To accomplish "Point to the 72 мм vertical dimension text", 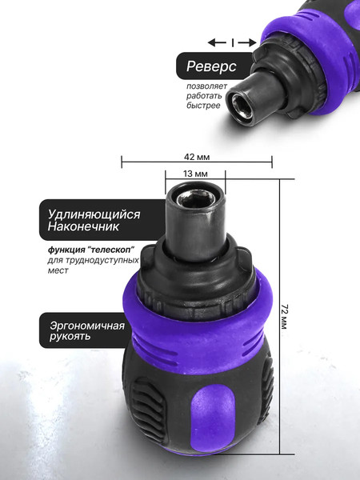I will [x=286, y=319].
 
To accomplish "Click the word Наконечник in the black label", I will [x=83, y=228].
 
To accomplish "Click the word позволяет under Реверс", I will [x=207, y=86].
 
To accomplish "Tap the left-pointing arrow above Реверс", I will [x=216, y=42].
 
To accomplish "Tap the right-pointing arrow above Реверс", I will [x=248, y=42].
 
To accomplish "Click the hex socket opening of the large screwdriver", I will [x=194, y=198].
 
